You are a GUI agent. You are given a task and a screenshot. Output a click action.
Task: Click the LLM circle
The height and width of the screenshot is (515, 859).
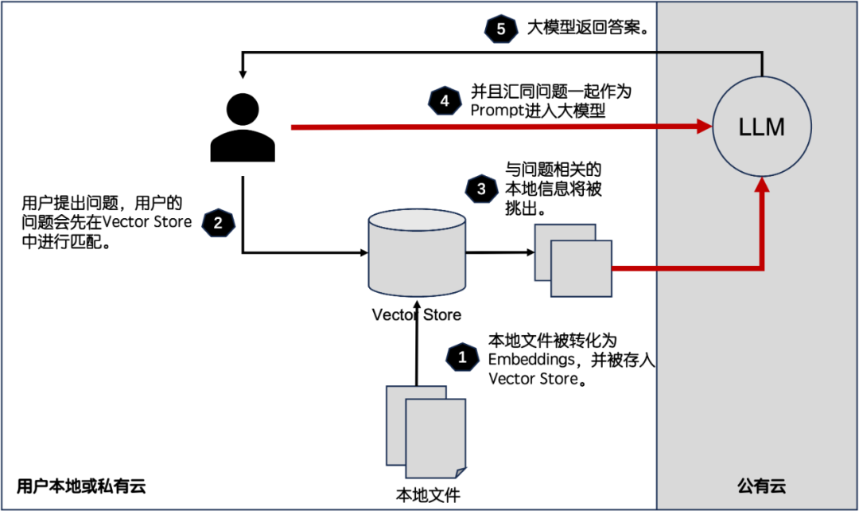click(762, 127)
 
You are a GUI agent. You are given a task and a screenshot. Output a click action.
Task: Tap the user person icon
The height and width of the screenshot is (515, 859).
click(243, 127)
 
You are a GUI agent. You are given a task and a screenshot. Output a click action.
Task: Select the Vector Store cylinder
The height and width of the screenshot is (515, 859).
click(417, 253)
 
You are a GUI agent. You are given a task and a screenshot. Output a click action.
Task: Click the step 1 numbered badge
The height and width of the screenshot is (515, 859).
click(462, 357)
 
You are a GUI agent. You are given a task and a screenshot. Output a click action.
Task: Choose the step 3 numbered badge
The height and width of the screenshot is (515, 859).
click(481, 189)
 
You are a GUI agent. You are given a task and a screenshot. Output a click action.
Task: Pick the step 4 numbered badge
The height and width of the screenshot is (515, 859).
click(445, 100)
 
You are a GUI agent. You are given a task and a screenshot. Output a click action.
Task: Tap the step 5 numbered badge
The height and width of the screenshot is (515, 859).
click(500, 29)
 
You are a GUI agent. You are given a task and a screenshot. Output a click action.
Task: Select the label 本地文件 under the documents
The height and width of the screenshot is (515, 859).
click(428, 494)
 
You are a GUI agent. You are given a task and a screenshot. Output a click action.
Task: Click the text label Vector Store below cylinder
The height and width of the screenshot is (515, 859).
click(416, 314)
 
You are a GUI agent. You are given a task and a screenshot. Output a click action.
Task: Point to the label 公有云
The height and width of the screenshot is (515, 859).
click(761, 486)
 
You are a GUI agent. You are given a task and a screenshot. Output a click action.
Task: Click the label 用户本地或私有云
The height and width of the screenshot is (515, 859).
click(81, 486)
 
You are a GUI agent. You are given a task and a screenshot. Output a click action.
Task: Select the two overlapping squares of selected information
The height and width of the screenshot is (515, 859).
click(573, 259)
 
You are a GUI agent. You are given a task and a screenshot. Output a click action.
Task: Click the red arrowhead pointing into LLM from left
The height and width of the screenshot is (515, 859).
click(703, 127)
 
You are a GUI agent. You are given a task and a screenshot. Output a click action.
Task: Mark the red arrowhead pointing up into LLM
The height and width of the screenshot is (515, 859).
click(762, 186)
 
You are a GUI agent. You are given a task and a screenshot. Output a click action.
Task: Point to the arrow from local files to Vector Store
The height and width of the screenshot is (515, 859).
click(416, 350)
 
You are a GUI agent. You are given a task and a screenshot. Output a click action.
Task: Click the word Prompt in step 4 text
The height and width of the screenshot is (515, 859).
click(497, 111)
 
